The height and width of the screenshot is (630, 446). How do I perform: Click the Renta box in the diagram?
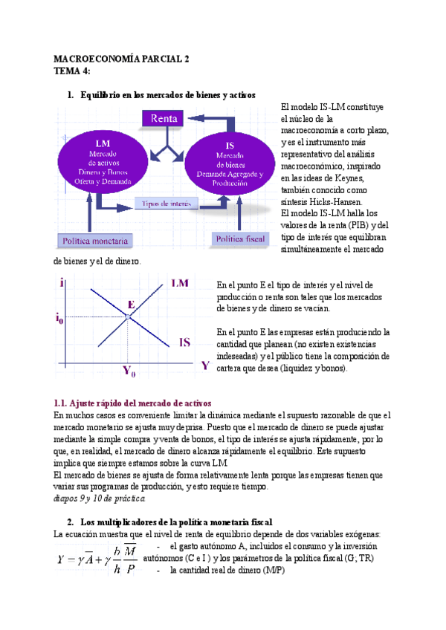164,119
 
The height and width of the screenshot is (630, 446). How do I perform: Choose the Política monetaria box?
95,241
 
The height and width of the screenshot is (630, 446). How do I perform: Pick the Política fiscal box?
240,238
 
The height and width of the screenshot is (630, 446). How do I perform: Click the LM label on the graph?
179,283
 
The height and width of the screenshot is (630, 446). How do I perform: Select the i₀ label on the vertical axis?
59,319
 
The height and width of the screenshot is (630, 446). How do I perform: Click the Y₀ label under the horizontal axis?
129,369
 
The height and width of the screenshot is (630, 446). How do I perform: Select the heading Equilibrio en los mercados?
167,95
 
